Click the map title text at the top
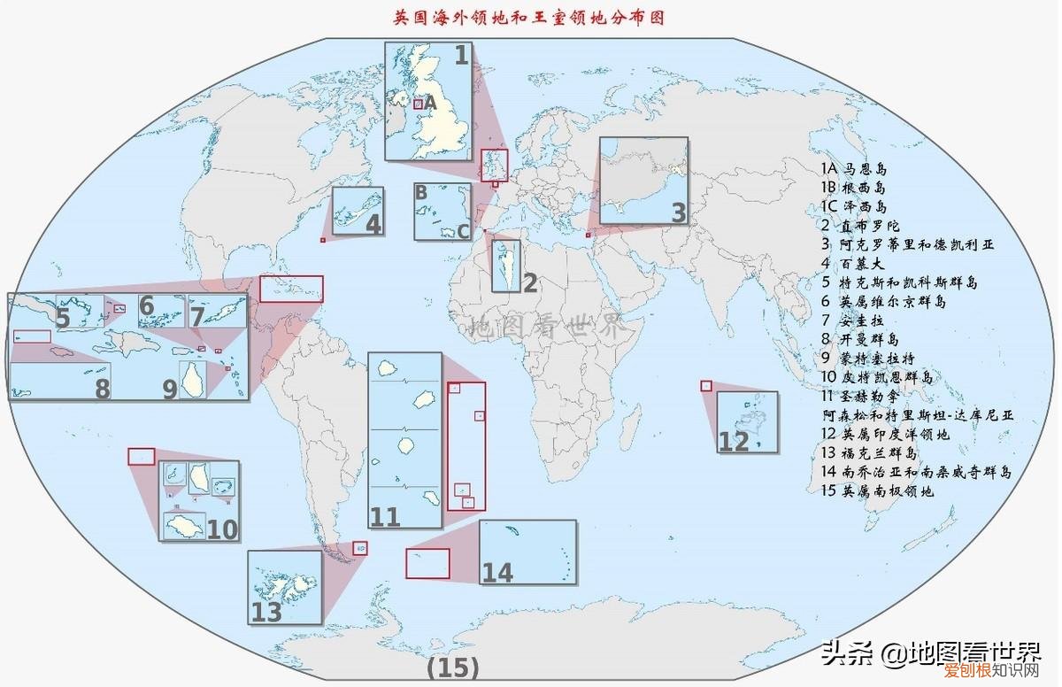coord(528,17)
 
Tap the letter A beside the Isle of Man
coord(431,104)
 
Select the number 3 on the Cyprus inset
coord(678,212)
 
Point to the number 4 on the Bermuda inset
coord(374,225)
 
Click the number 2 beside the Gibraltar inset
coord(530,283)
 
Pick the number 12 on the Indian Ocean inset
coord(734,441)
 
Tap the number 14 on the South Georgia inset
coord(497,573)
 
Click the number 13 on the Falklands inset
coord(266,612)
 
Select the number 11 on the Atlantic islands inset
coord(385,516)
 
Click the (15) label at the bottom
coord(452,667)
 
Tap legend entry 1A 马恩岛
coord(853,168)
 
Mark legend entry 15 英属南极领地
coord(877,490)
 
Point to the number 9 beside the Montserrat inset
coord(169,389)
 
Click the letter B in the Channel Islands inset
coord(421,192)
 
